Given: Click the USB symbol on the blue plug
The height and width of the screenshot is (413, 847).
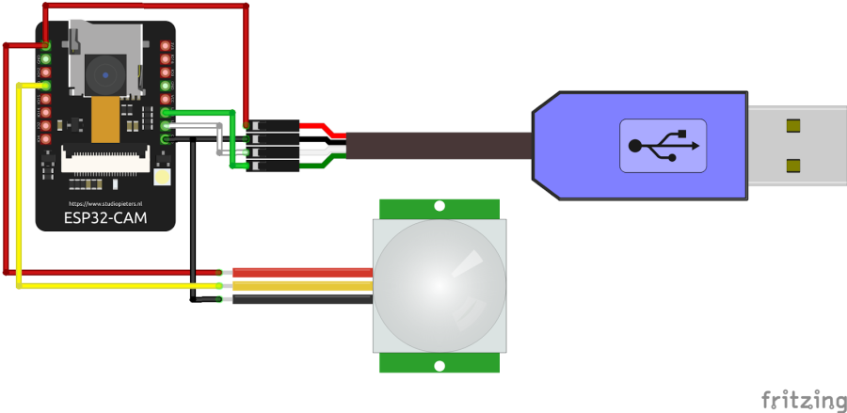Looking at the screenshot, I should (663, 145).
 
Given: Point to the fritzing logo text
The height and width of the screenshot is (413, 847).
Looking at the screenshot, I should (803, 399).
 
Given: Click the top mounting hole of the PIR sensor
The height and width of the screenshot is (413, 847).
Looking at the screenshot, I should (439, 206).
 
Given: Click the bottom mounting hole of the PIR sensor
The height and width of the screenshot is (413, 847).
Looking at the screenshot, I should (439, 364).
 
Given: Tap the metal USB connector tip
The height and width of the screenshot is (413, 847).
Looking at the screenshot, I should (795, 145).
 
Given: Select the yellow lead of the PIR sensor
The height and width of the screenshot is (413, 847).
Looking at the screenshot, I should (301, 286).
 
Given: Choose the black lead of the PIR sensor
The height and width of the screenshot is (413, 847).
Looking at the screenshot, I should (301, 299).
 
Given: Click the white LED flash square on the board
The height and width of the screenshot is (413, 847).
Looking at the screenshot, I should (162, 178).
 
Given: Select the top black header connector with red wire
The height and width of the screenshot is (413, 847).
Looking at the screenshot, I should (273, 125).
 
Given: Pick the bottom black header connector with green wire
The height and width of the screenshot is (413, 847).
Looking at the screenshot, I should (273, 167).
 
